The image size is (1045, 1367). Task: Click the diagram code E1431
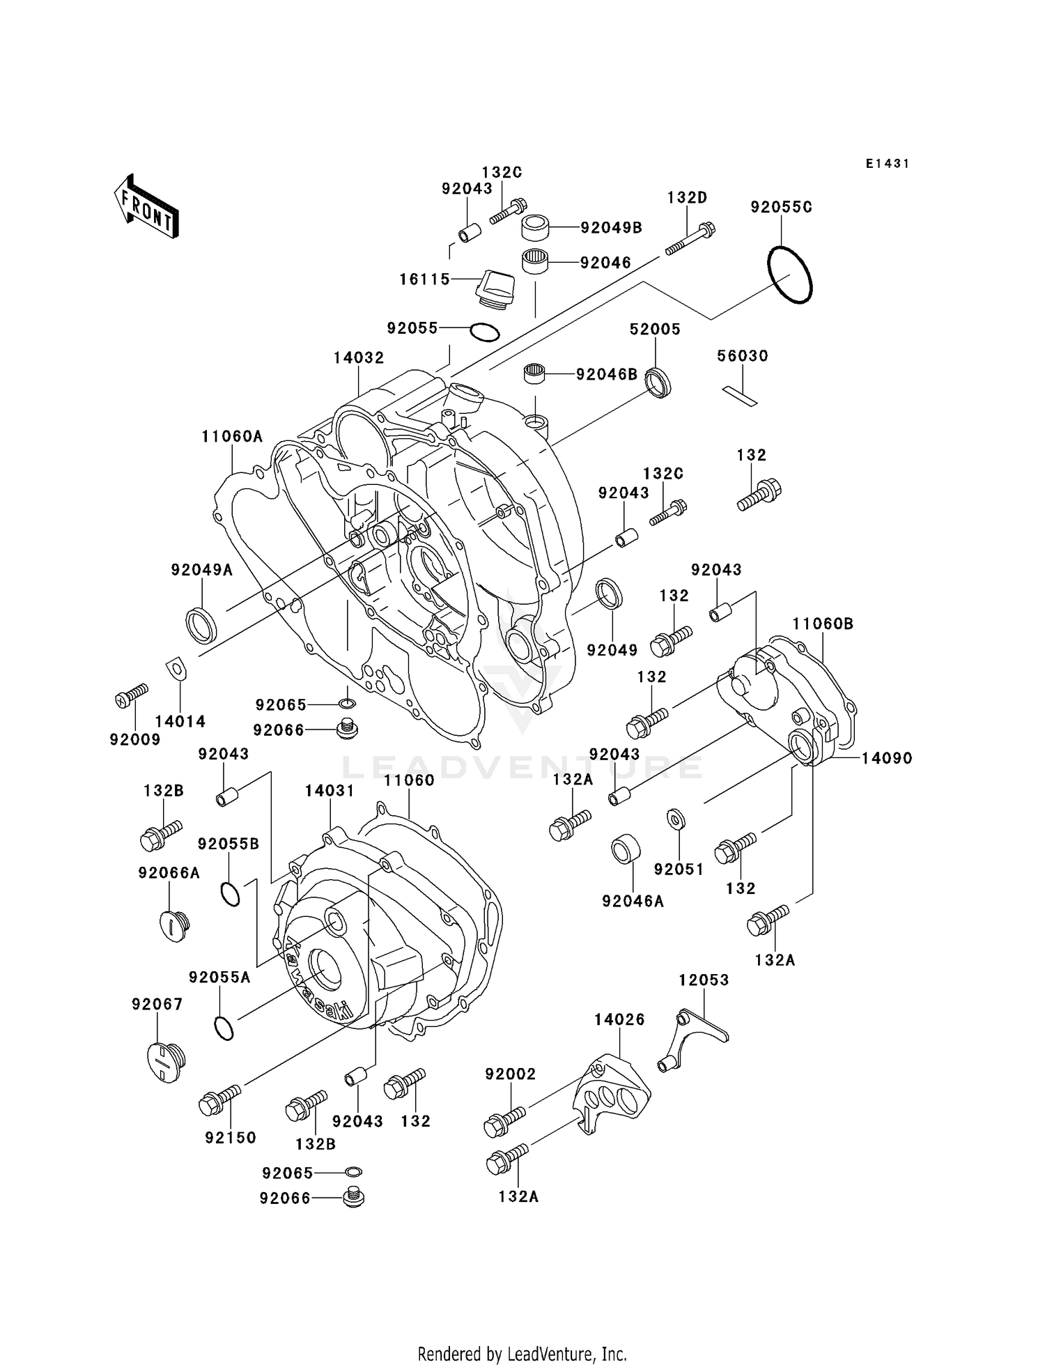click(888, 164)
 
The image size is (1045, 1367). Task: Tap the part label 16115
click(425, 279)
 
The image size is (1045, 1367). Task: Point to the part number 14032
click(359, 358)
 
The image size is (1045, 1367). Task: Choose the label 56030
click(743, 356)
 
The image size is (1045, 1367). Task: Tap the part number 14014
click(180, 722)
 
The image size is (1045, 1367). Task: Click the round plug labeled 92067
click(166, 1063)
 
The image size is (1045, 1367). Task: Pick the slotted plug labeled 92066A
click(173, 926)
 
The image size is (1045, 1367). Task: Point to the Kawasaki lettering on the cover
click(318, 981)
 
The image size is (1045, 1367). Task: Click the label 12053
click(704, 980)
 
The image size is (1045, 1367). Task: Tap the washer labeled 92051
click(675, 819)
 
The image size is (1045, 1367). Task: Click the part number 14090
click(886, 758)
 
